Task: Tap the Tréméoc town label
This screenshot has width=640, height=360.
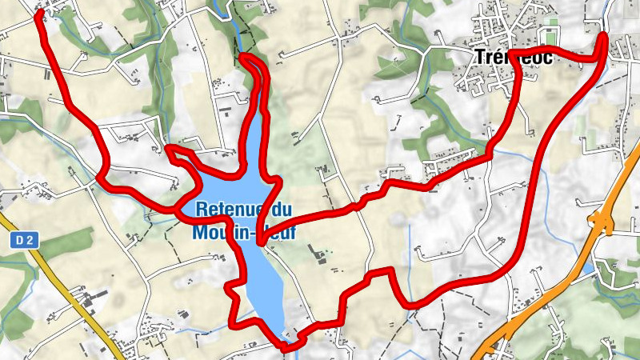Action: [x=502, y=58]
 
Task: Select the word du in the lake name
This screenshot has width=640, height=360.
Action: [x=280, y=210]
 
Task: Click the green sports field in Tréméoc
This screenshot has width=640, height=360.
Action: [x=549, y=37]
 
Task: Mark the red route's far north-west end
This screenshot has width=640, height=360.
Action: [x=38, y=15]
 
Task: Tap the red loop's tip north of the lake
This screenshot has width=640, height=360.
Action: [x=242, y=57]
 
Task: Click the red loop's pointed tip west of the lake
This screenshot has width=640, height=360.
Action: [x=167, y=147]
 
